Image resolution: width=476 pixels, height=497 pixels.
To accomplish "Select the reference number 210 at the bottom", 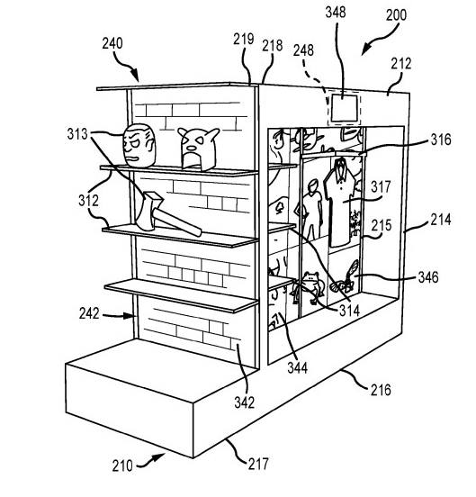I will (x=121, y=465).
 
